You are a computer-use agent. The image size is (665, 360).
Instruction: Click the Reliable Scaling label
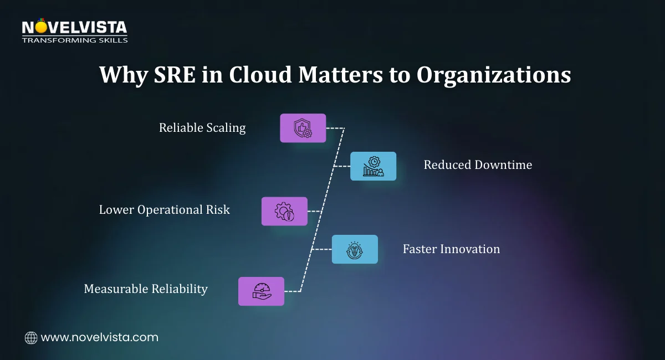pos(202,128)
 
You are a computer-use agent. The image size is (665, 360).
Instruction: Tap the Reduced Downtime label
pos(478,164)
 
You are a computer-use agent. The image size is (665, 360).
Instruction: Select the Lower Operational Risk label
pos(164,210)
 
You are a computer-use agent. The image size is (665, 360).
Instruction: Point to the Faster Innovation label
pos(451,249)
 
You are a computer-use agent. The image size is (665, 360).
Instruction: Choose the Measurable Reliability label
pos(146,289)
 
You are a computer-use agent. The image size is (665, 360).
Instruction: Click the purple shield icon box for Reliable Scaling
pos(303,128)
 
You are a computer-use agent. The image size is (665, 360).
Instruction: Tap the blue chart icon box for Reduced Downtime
pos(373,166)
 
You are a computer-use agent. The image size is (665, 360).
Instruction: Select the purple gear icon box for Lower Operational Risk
pos(284,211)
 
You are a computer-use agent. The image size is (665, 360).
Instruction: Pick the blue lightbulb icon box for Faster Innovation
pos(355,249)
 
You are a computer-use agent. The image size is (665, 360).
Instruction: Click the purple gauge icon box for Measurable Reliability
pos(261,291)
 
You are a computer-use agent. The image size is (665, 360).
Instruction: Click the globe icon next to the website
pos(31,337)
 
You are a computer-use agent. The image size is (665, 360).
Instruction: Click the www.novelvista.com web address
pos(100,337)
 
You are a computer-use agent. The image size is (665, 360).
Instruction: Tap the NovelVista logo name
pos(74,27)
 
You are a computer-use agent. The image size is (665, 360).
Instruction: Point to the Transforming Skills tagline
pos(74,40)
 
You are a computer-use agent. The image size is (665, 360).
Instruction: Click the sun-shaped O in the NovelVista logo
pos(40,26)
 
